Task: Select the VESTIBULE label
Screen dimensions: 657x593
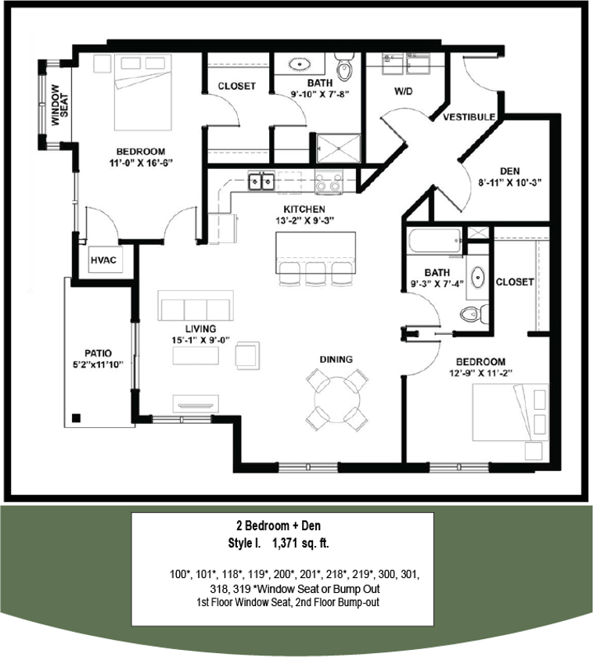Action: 469,117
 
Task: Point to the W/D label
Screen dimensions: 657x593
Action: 403,91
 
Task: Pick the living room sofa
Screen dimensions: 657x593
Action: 196,305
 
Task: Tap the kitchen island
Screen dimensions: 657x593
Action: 315,252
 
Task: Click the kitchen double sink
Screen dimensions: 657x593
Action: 261,181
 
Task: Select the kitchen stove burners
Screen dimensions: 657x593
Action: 328,182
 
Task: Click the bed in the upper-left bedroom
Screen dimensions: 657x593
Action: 142,92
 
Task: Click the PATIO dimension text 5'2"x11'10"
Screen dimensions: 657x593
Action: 95,364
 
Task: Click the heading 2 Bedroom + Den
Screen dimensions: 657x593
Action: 282,526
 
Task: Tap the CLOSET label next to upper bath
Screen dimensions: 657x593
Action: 236,86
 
